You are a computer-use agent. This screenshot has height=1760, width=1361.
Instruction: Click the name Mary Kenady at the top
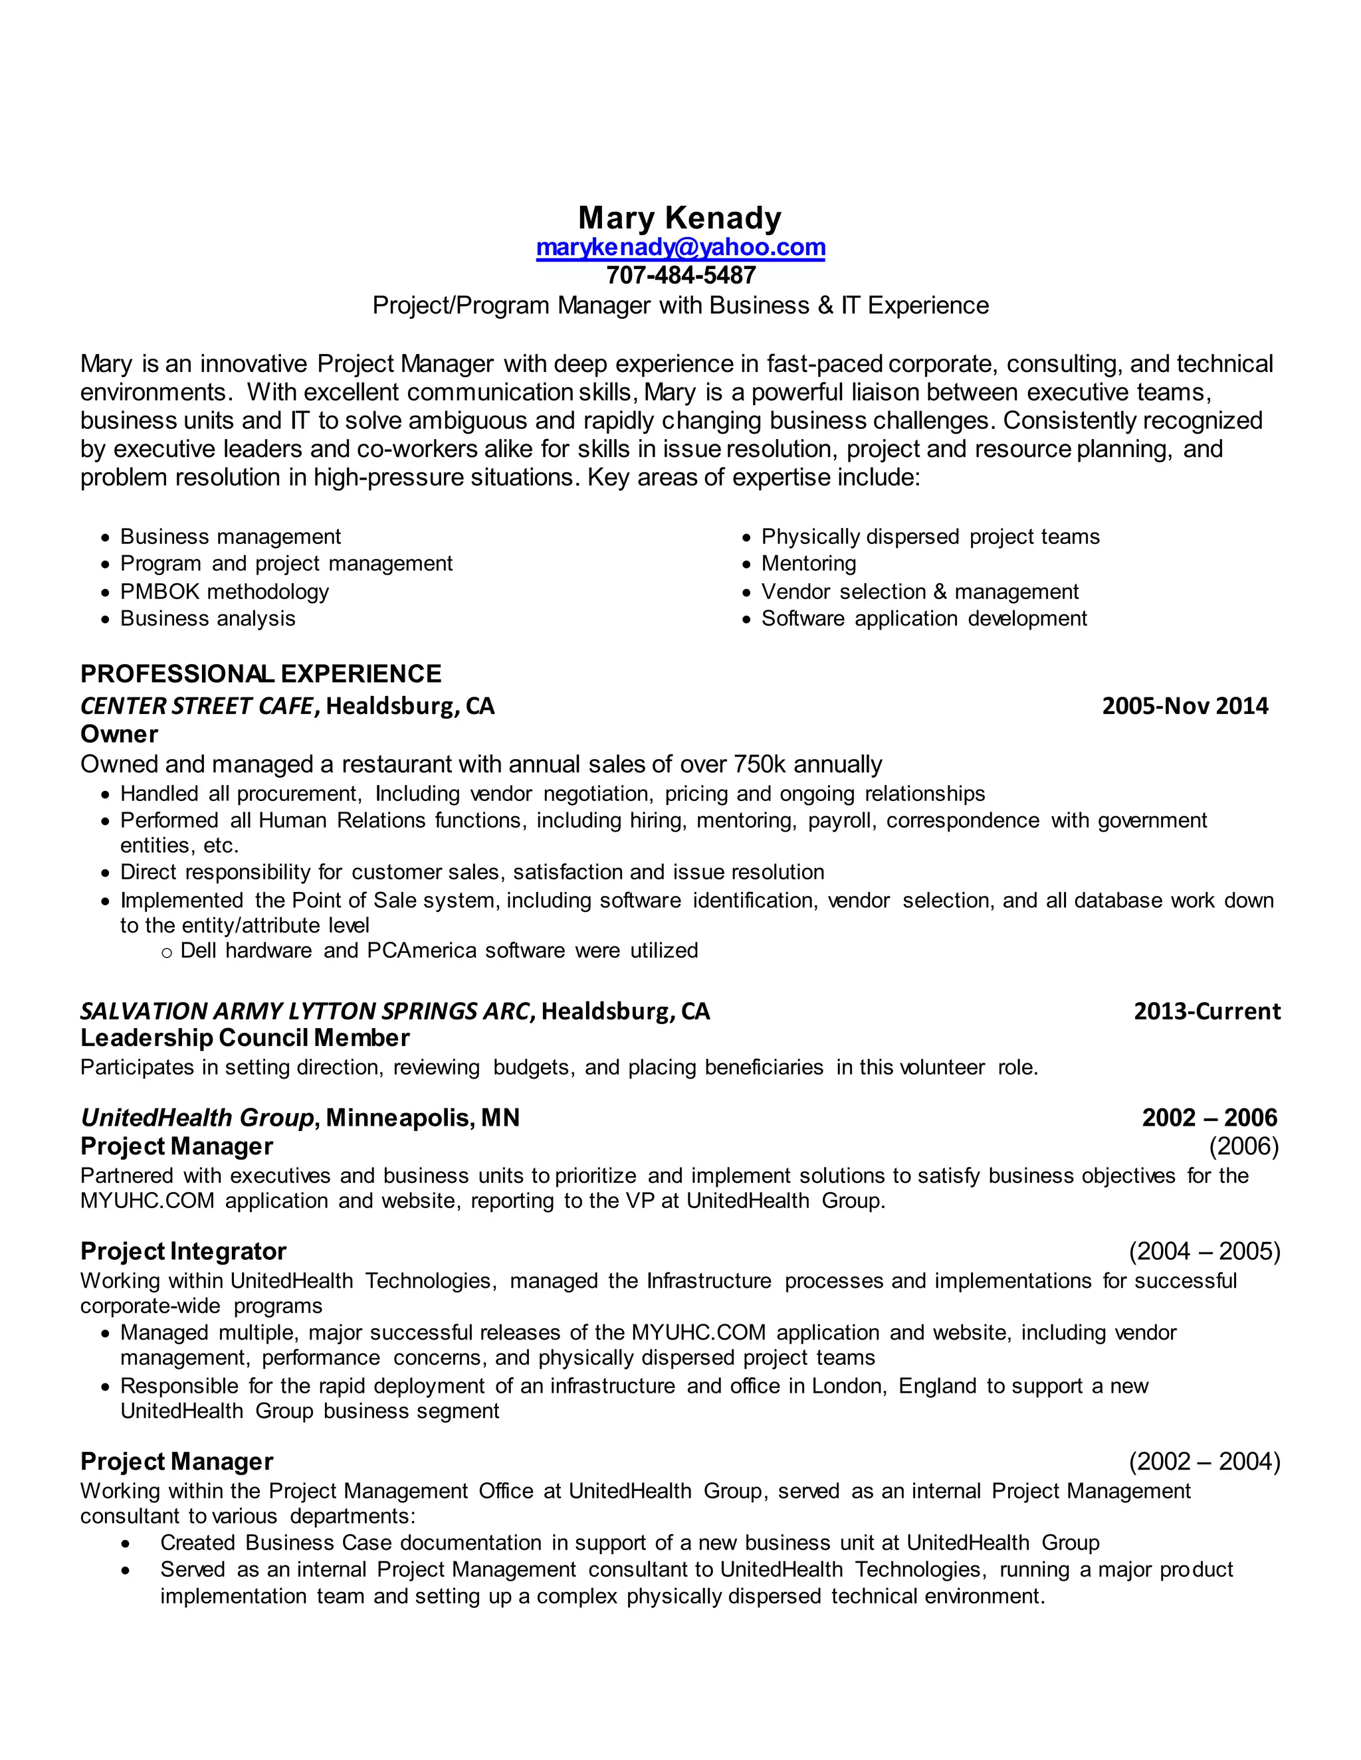click(680, 218)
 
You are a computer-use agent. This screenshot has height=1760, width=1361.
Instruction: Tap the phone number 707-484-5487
click(680, 276)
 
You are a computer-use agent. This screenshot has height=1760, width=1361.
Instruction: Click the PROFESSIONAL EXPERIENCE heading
click(261, 673)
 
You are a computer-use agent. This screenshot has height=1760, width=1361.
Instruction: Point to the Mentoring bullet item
click(808, 563)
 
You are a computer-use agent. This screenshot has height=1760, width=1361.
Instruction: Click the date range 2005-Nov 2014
click(1184, 706)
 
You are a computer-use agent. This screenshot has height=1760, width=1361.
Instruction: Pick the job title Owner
click(120, 734)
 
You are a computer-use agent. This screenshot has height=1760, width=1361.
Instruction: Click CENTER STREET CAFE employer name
click(197, 706)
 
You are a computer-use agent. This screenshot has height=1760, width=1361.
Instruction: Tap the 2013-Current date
click(1206, 1012)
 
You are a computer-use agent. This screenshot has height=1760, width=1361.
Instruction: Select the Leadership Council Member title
click(245, 1038)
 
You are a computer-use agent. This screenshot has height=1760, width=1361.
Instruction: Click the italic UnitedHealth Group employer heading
click(197, 1118)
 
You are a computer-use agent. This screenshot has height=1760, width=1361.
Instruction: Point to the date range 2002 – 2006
click(1209, 1118)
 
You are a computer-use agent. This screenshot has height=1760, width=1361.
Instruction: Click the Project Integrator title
click(183, 1251)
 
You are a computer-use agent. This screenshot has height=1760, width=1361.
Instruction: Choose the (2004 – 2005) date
click(1204, 1251)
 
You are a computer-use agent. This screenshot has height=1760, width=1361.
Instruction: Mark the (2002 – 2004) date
click(1204, 1462)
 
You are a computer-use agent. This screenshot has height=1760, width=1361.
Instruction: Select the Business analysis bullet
click(207, 619)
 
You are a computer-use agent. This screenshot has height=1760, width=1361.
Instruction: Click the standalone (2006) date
click(1243, 1146)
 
